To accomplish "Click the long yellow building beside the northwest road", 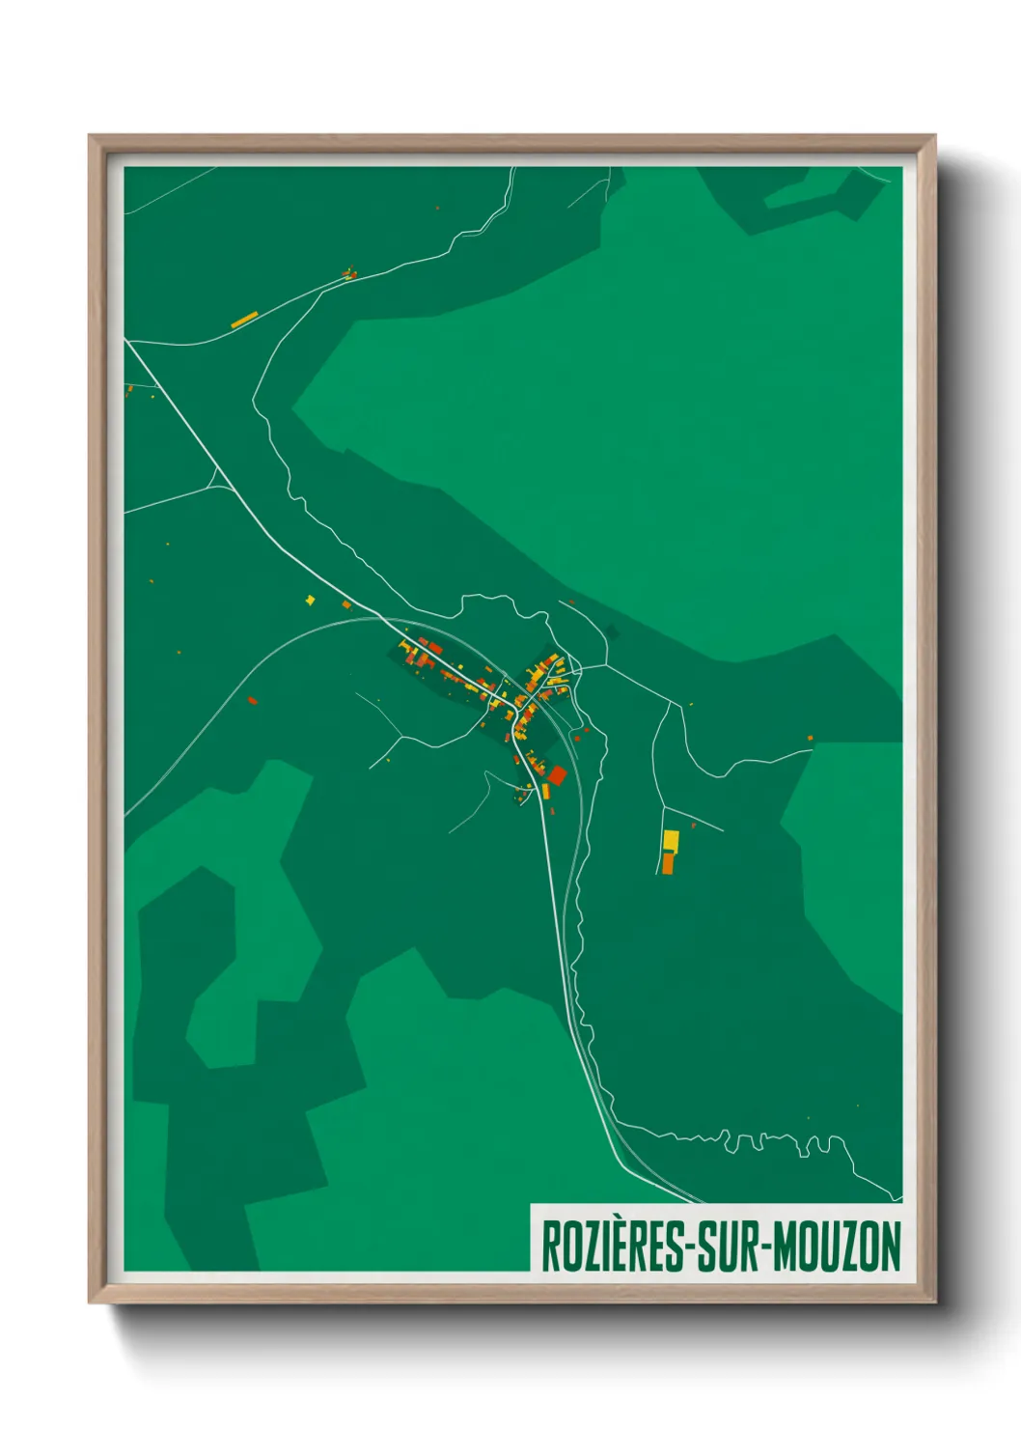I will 244,320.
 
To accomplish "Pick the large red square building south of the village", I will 557,774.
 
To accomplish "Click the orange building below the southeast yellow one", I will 668,861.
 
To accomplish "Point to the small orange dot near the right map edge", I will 810,739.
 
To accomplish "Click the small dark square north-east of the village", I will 611,632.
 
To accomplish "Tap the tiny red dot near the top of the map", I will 437,208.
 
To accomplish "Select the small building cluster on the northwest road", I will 350,274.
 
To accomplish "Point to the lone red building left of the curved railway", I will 252,700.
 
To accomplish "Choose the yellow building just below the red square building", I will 546,791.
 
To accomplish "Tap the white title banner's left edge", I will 533,1238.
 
